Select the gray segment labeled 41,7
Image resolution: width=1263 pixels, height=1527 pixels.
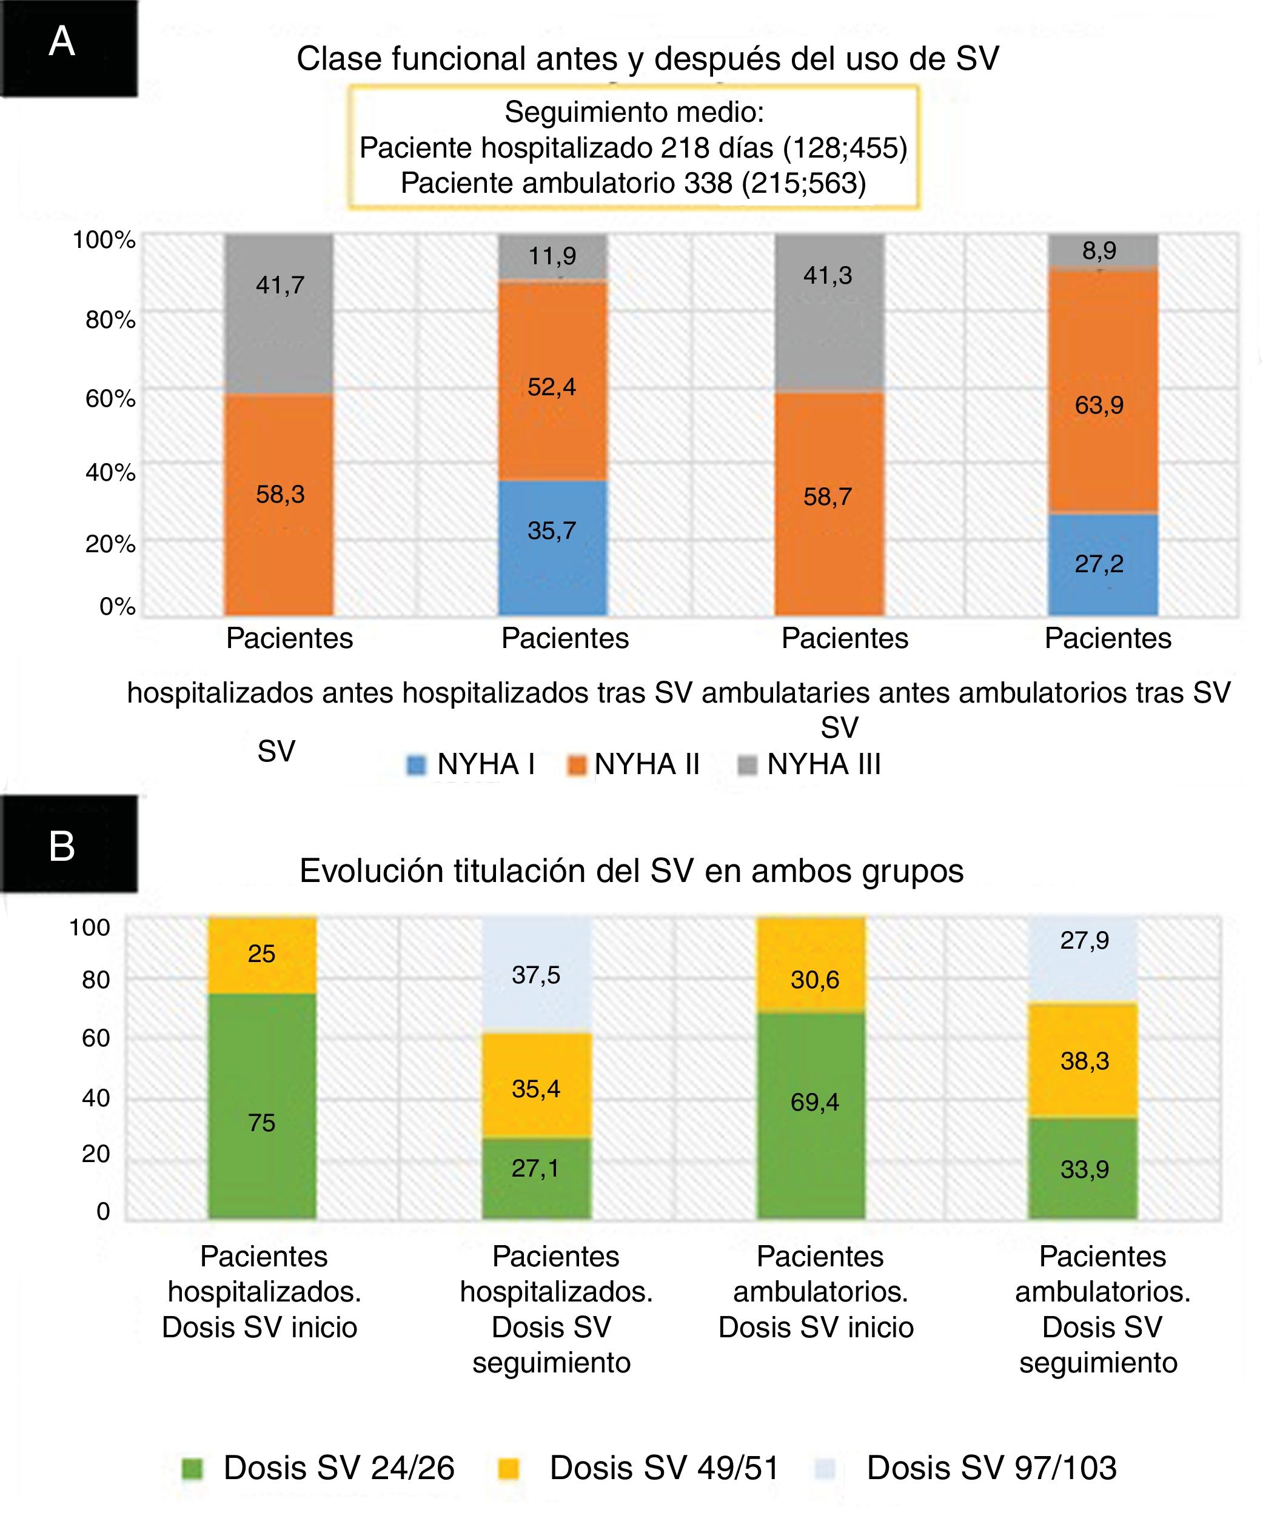coord(279,314)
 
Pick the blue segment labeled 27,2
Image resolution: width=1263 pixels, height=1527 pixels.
coord(1102,564)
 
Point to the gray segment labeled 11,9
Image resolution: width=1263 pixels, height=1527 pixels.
coord(552,256)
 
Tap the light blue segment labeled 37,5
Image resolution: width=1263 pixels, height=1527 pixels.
coord(537,974)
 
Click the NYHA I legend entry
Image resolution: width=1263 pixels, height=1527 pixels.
coord(471,764)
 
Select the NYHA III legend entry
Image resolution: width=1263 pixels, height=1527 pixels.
coord(809,764)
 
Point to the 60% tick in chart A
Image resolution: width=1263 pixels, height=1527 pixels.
coord(110,398)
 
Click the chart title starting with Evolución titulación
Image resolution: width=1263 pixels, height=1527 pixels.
coord(631,870)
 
